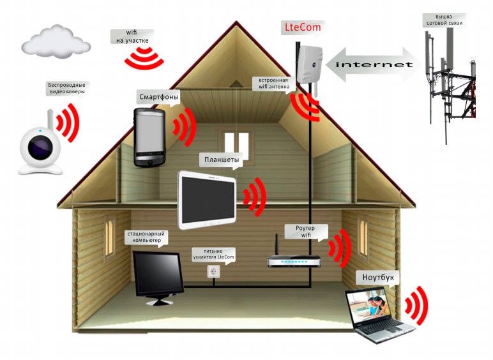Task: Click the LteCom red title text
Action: pyautogui.click(x=303, y=28)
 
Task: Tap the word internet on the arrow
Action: pyautogui.click(x=374, y=65)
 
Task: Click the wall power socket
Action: pyautogui.click(x=213, y=271)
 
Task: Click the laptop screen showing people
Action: pyautogui.click(x=368, y=304)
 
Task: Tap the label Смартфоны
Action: pyautogui.click(x=158, y=97)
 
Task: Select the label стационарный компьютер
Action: pyautogui.click(x=147, y=238)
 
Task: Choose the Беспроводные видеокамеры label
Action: pyautogui.click(x=66, y=87)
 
